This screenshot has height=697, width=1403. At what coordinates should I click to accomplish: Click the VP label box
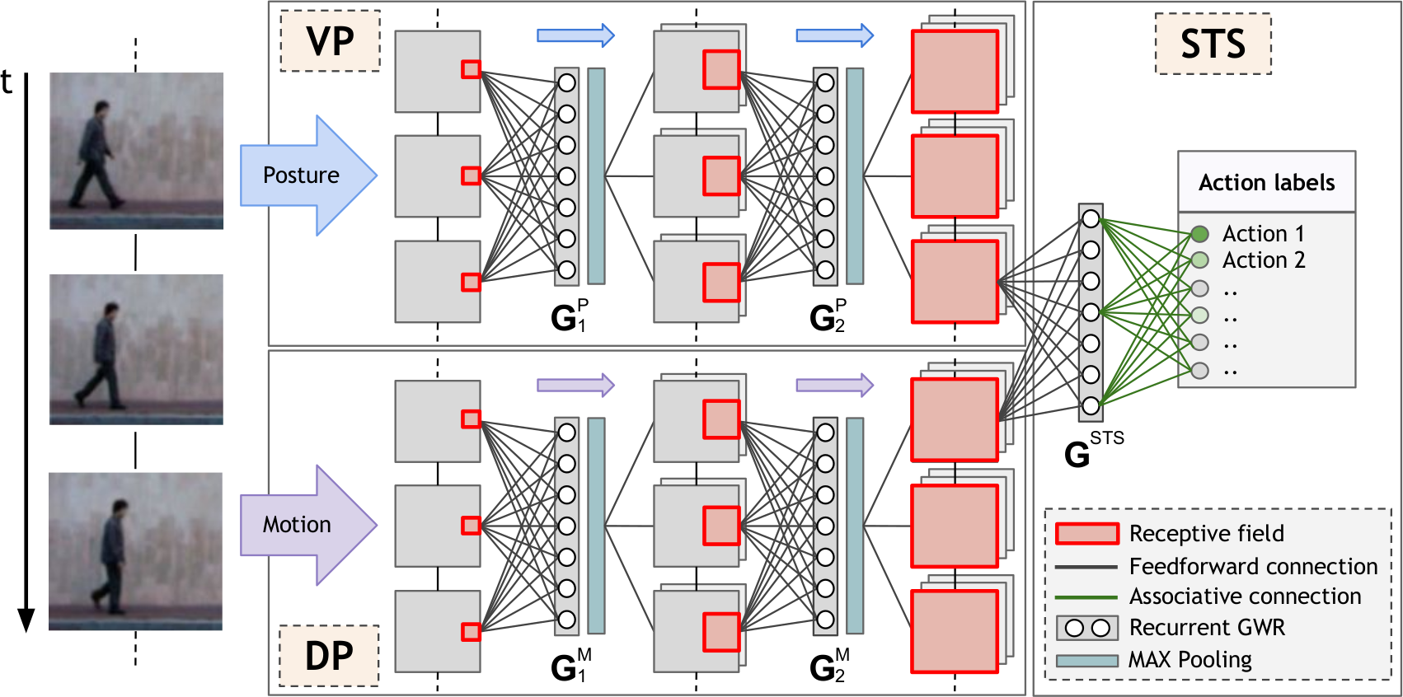coord(330,41)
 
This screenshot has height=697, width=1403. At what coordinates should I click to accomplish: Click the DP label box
coord(329,656)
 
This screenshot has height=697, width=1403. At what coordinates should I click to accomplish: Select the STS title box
coord(1213,44)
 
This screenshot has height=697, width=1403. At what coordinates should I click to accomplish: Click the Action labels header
coord(1266,182)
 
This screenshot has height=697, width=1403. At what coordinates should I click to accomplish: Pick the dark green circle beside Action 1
coord(1199,234)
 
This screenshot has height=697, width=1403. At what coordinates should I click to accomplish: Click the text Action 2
coord(1264,260)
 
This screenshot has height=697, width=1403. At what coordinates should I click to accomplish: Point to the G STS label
coord(1091,451)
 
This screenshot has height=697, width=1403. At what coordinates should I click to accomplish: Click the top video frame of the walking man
coord(136,151)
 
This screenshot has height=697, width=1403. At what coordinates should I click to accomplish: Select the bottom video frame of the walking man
coord(135,551)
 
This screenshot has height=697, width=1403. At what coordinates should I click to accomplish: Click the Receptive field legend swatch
coord(1087,534)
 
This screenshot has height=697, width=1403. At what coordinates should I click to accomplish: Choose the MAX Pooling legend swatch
coord(1087,661)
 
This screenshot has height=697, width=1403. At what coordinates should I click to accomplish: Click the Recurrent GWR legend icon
coord(1087,628)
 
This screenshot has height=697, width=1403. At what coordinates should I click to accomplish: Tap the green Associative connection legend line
coord(1087,597)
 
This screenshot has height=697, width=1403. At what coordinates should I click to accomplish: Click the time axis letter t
coord(7,82)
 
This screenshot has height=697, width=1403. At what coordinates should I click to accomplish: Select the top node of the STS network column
coord(1091,219)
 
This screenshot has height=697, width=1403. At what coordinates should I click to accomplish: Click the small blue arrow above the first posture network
coord(575,35)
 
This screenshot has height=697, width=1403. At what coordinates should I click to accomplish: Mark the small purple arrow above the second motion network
coord(834,385)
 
